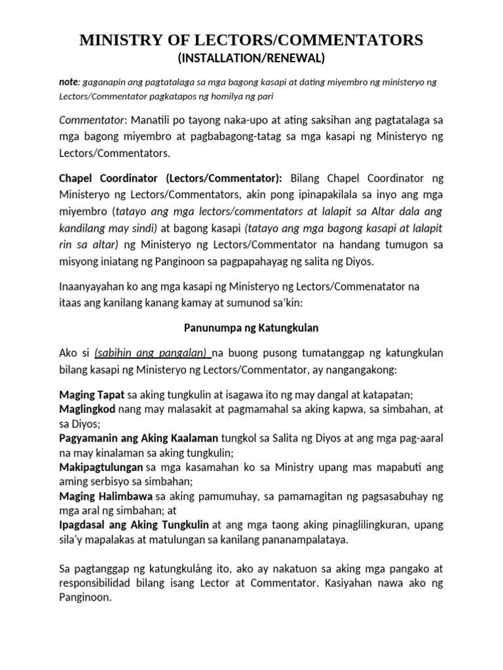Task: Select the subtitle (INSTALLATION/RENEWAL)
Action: pyautogui.click(x=251, y=59)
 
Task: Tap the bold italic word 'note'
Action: pyautogui.click(x=68, y=82)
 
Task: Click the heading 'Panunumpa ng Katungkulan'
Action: pyautogui.click(x=251, y=328)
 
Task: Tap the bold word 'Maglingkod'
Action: pyautogui.click(x=87, y=410)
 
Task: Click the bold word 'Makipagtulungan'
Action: pyautogui.click(x=101, y=467)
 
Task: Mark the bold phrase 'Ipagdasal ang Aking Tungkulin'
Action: pyautogui.click(x=134, y=525)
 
